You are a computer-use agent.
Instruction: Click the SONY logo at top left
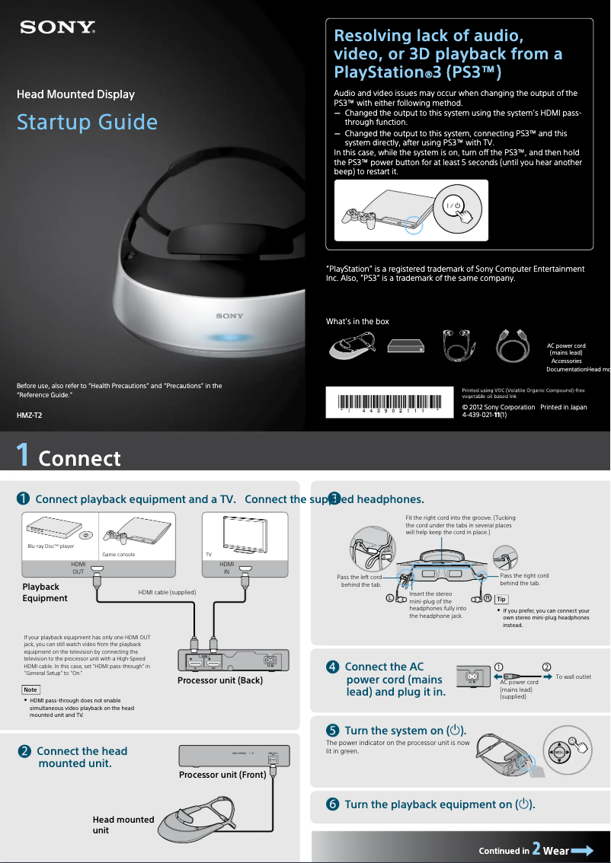click(58, 28)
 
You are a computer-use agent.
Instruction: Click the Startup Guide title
click(87, 123)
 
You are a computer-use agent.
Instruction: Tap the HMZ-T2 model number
click(30, 416)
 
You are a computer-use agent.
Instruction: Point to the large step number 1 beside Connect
click(24, 455)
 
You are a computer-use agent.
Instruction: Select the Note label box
click(30, 689)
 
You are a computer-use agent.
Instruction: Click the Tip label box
click(501, 600)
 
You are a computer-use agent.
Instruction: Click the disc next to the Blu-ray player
click(86, 535)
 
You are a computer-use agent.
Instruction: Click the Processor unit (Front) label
click(222, 775)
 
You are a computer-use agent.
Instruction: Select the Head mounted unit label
click(123, 825)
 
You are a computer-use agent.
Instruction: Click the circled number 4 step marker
click(332, 667)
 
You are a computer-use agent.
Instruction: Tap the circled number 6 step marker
click(332, 804)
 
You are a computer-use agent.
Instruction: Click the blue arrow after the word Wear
click(583, 850)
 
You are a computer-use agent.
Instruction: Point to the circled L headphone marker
click(391, 598)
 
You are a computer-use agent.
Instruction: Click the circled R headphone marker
click(488, 597)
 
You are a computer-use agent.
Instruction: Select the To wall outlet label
click(573, 677)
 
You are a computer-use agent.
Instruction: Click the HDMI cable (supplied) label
click(167, 592)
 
